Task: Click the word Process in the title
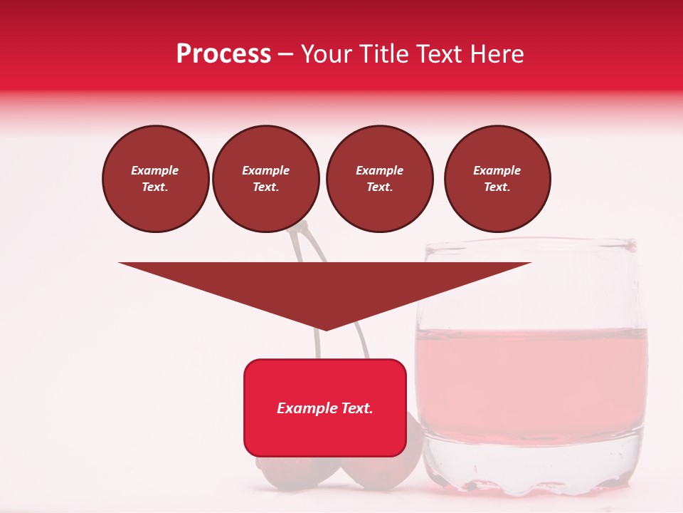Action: pos(223,54)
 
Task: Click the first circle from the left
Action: pos(155,179)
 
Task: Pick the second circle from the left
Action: pos(266,179)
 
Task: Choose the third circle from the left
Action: pos(379,179)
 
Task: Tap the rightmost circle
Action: pos(497,179)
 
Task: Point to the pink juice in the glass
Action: pos(532,370)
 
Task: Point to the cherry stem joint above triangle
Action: pos(302,227)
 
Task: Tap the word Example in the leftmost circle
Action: pos(155,170)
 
